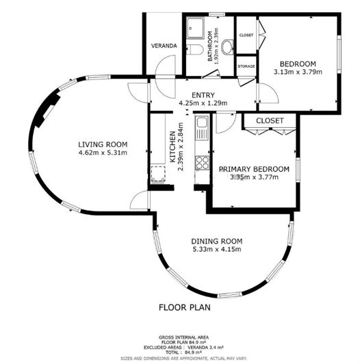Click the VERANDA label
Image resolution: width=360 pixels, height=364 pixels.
(x=164, y=46)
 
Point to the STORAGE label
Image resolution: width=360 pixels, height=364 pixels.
(x=246, y=66)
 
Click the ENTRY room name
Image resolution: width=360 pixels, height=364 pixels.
(x=203, y=95)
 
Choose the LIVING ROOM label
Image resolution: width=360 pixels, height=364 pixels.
(x=103, y=144)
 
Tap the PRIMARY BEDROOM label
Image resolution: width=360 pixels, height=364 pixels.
(x=253, y=168)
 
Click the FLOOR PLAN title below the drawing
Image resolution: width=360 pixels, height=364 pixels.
(x=184, y=307)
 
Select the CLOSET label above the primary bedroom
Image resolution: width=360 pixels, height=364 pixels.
(x=270, y=120)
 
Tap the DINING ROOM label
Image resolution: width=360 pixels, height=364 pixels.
(x=216, y=241)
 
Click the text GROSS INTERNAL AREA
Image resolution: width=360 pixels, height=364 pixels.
(x=185, y=337)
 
